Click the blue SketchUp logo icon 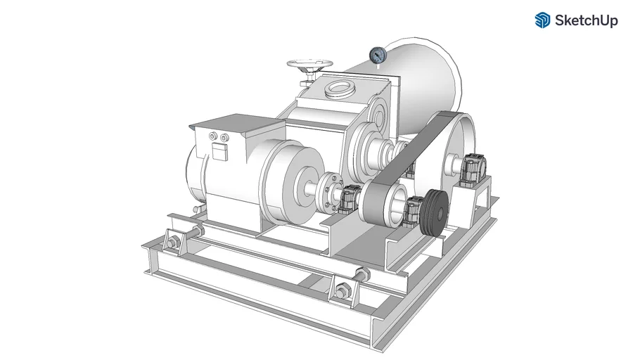click(x=542, y=20)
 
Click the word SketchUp click(x=586, y=20)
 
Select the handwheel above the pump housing click(x=309, y=65)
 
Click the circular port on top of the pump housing click(x=338, y=89)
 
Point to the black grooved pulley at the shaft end click(x=435, y=213)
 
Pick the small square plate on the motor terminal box click(x=219, y=153)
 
